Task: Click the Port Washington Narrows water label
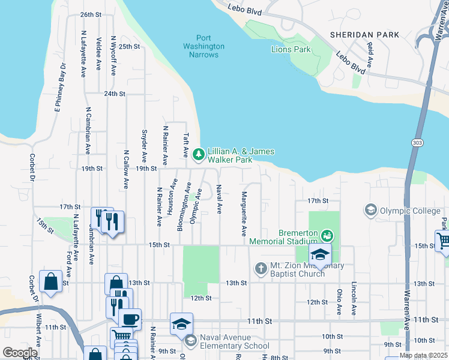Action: [x=203, y=46]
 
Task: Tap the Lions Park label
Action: [x=291, y=49]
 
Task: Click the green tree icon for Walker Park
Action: [x=199, y=155]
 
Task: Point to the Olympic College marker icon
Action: [x=370, y=210]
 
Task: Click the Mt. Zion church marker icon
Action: [x=261, y=268]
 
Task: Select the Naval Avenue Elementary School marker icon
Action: [x=190, y=341]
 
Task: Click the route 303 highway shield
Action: [x=417, y=142]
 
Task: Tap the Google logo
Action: [x=19, y=352]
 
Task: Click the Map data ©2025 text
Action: [x=423, y=355]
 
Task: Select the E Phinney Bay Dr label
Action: [x=59, y=87]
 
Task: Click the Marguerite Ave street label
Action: [x=244, y=214]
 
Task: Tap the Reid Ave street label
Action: [x=370, y=55]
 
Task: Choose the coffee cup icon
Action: [x=130, y=319]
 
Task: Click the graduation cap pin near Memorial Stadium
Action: [x=320, y=254]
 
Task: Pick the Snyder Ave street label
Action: [x=145, y=145]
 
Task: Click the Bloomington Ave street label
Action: [x=180, y=210]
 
